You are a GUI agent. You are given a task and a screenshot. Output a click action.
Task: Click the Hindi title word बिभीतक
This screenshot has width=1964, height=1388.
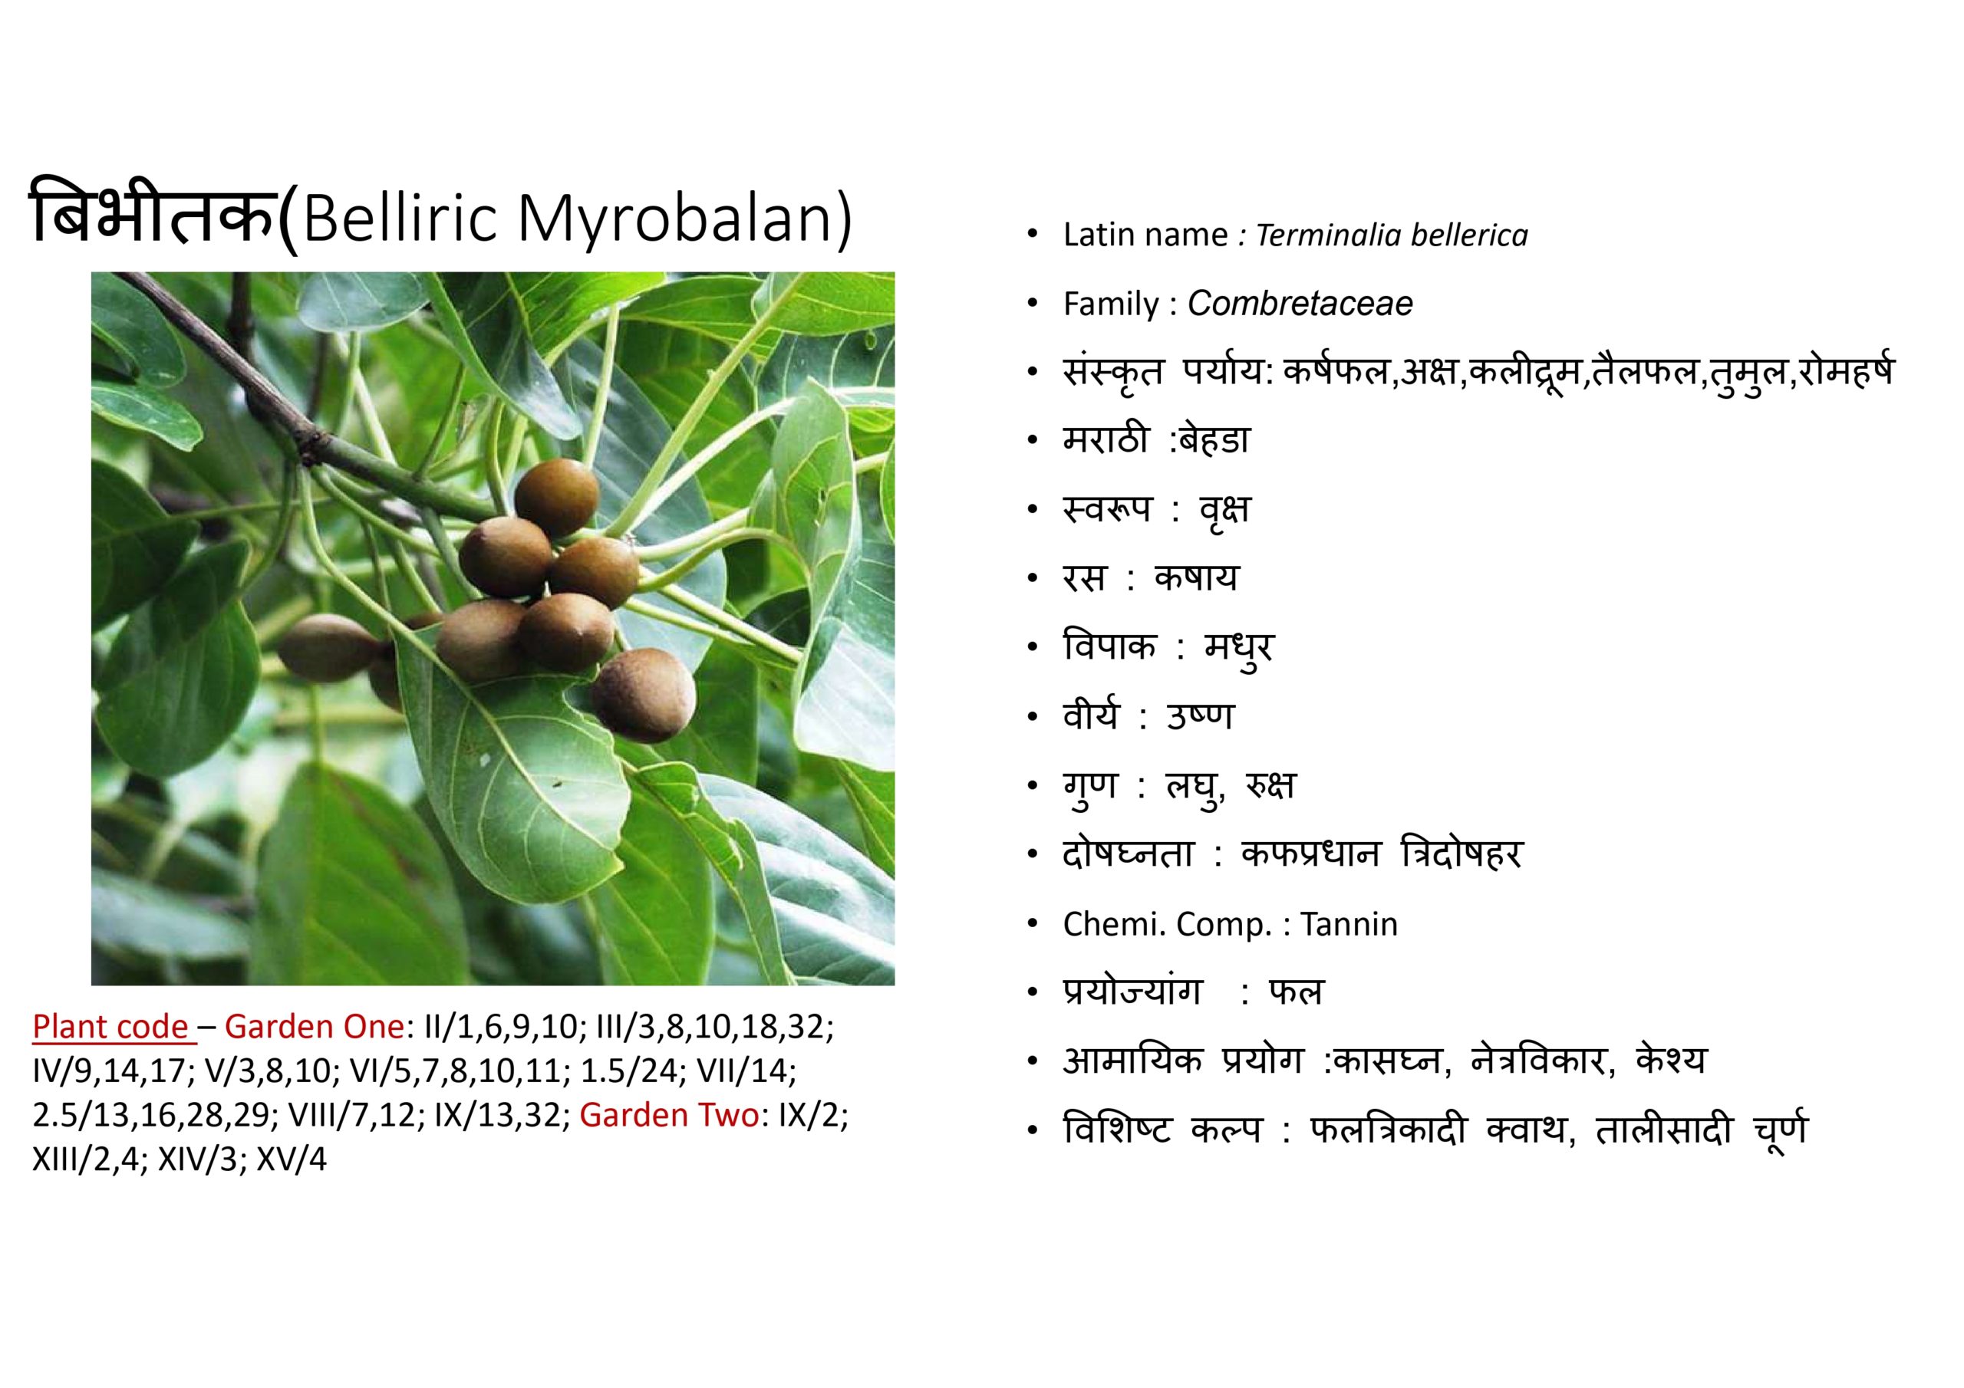[x=154, y=214]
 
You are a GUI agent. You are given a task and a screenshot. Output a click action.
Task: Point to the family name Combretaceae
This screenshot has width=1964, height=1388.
[x=1300, y=304]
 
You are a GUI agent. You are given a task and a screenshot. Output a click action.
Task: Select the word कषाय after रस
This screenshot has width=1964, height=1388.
[x=1196, y=579]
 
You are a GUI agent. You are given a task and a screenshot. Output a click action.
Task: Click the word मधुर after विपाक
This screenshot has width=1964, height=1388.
[x=1238, y=648]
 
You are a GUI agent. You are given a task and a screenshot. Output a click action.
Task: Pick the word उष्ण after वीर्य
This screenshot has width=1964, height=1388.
[x=1200, y=715]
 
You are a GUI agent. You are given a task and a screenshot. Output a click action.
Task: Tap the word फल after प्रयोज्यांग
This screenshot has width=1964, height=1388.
[x=1296, y=992]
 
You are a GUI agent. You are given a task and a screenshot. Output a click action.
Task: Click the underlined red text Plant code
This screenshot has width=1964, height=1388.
[x=110, y=1026]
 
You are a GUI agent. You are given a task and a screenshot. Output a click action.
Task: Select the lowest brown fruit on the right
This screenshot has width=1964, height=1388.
[x=643, y=695]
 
